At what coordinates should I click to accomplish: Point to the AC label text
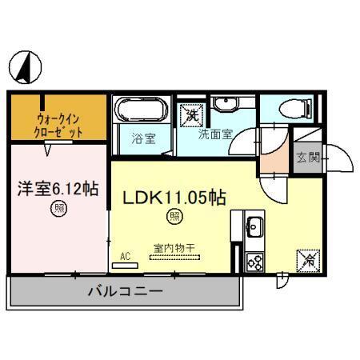click(124, 256)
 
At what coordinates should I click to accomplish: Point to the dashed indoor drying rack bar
click(174, 258)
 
